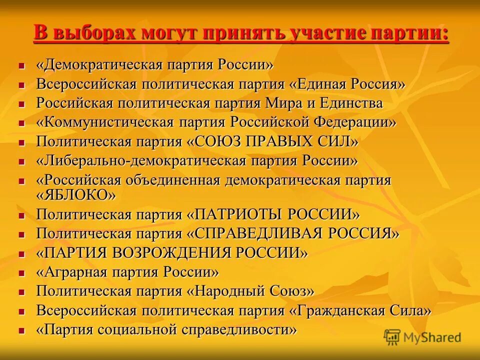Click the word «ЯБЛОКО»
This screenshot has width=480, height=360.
coord(76,195)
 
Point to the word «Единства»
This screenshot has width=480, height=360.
coord(355,103)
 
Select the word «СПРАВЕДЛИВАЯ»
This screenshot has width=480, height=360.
coord(263,233)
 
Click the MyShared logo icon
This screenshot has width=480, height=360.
coord(392,336)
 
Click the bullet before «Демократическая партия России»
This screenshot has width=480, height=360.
coord(21,65)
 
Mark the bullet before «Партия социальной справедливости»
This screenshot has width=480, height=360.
coord(21,330)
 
